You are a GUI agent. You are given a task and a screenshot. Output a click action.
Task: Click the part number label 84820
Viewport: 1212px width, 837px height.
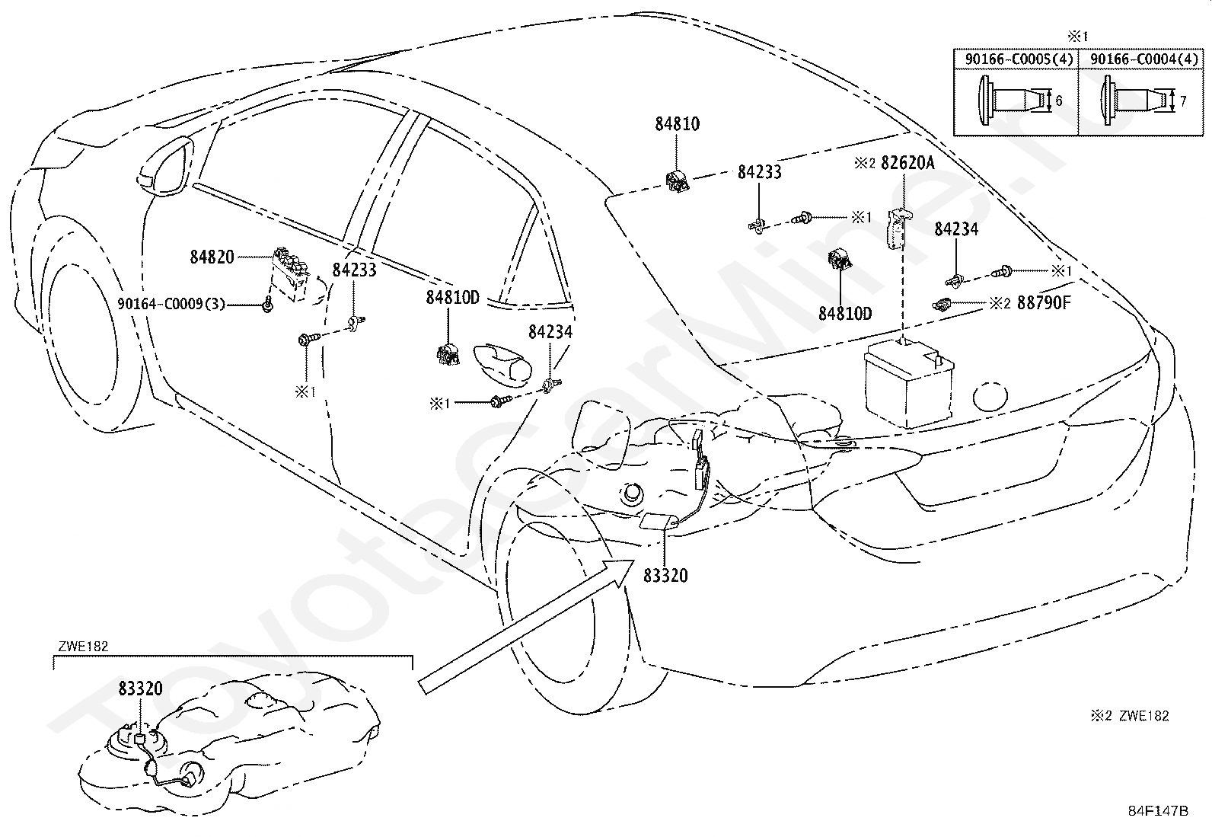pos(212,257)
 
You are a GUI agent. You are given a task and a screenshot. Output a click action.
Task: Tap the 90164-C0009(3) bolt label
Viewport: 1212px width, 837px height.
pos(171,304)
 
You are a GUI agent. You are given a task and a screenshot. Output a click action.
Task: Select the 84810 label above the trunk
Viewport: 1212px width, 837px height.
pos(678,124)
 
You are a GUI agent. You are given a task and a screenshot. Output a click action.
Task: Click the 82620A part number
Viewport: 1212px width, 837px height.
pos(907,163)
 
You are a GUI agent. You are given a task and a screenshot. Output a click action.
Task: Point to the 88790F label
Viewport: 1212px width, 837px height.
pos(1044,302)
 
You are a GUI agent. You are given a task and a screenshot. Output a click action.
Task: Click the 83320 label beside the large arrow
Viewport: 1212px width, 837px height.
pos(665,576)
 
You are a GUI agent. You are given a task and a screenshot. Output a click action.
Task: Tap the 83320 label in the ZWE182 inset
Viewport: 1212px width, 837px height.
pos(141,688)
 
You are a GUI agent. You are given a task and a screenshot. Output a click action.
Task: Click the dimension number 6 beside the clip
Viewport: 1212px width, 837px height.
pos(1059,101)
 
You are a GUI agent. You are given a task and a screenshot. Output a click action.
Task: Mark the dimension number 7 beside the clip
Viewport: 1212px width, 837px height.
pos(1184,101)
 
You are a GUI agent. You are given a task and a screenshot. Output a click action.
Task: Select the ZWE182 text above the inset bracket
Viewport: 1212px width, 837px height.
pos(83,647)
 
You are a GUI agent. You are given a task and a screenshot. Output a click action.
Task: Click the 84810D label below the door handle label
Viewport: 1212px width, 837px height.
pos(452,298)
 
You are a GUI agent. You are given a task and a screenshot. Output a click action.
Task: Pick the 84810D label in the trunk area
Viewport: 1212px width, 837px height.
pos(845,314)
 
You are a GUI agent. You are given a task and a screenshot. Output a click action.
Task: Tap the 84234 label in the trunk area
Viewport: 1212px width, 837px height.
pos(956,229)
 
